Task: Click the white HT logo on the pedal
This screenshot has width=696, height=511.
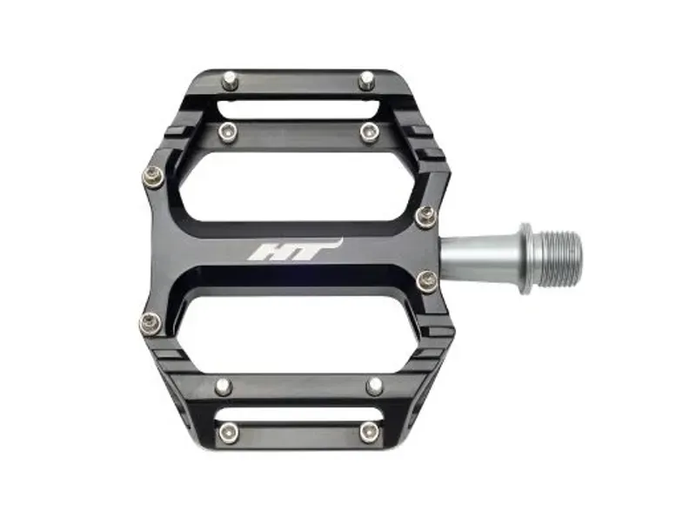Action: pos(294,250)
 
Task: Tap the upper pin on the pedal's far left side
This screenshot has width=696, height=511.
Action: pos(151,178)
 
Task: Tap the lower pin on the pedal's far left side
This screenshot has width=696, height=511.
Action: pos(151,322)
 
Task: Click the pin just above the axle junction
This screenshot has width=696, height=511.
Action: pos(425,216)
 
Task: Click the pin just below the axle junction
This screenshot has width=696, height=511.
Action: pos(426,280)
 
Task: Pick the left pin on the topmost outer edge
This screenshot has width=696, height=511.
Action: pos(229,81)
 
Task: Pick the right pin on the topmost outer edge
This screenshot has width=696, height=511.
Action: pos(366,80)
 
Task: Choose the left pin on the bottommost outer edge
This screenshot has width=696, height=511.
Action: pos(228,431)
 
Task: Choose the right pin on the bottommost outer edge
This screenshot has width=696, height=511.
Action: pos(369,431)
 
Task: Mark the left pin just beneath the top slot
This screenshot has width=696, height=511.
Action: pos(228,131)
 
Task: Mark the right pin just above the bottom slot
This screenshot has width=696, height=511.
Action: pos(374,386)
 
